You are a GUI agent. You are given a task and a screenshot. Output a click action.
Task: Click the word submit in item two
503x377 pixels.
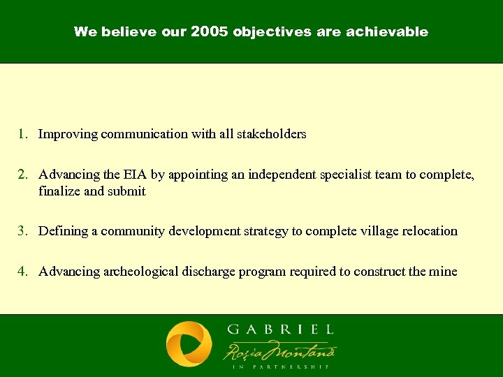coord(126,191)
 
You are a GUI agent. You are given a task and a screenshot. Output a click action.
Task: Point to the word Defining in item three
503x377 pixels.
coord(64,231)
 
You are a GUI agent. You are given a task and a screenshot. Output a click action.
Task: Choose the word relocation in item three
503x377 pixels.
coord(429,231)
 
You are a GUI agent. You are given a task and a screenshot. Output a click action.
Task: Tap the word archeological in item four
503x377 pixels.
coord(137,272)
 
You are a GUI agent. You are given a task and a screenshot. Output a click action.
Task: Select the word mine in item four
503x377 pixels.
coord(444,272)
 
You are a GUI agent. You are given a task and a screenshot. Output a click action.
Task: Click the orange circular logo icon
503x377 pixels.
coord(189,345)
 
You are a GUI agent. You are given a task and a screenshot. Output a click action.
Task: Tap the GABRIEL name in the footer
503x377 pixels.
coord(280,330)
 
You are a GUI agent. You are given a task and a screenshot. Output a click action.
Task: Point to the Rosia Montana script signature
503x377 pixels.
coord(279,349)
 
